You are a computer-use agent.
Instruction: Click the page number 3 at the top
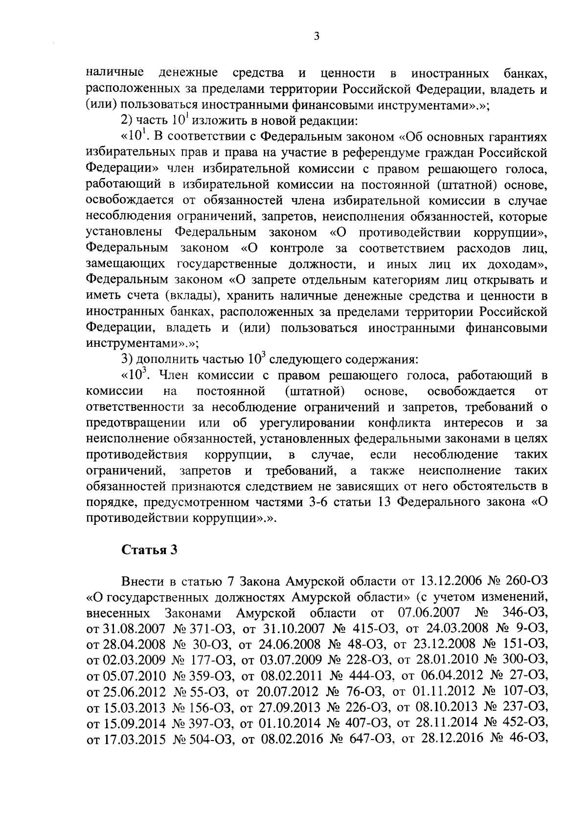pos(316,36)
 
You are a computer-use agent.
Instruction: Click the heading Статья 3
pos(149,549)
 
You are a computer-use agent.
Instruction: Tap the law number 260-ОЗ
pos(528,581)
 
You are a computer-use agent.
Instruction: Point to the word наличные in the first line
pos(115,73)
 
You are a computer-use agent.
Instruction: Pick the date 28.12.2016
pos(446,753)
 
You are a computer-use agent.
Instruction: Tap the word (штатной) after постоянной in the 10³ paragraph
pos(314,391)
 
